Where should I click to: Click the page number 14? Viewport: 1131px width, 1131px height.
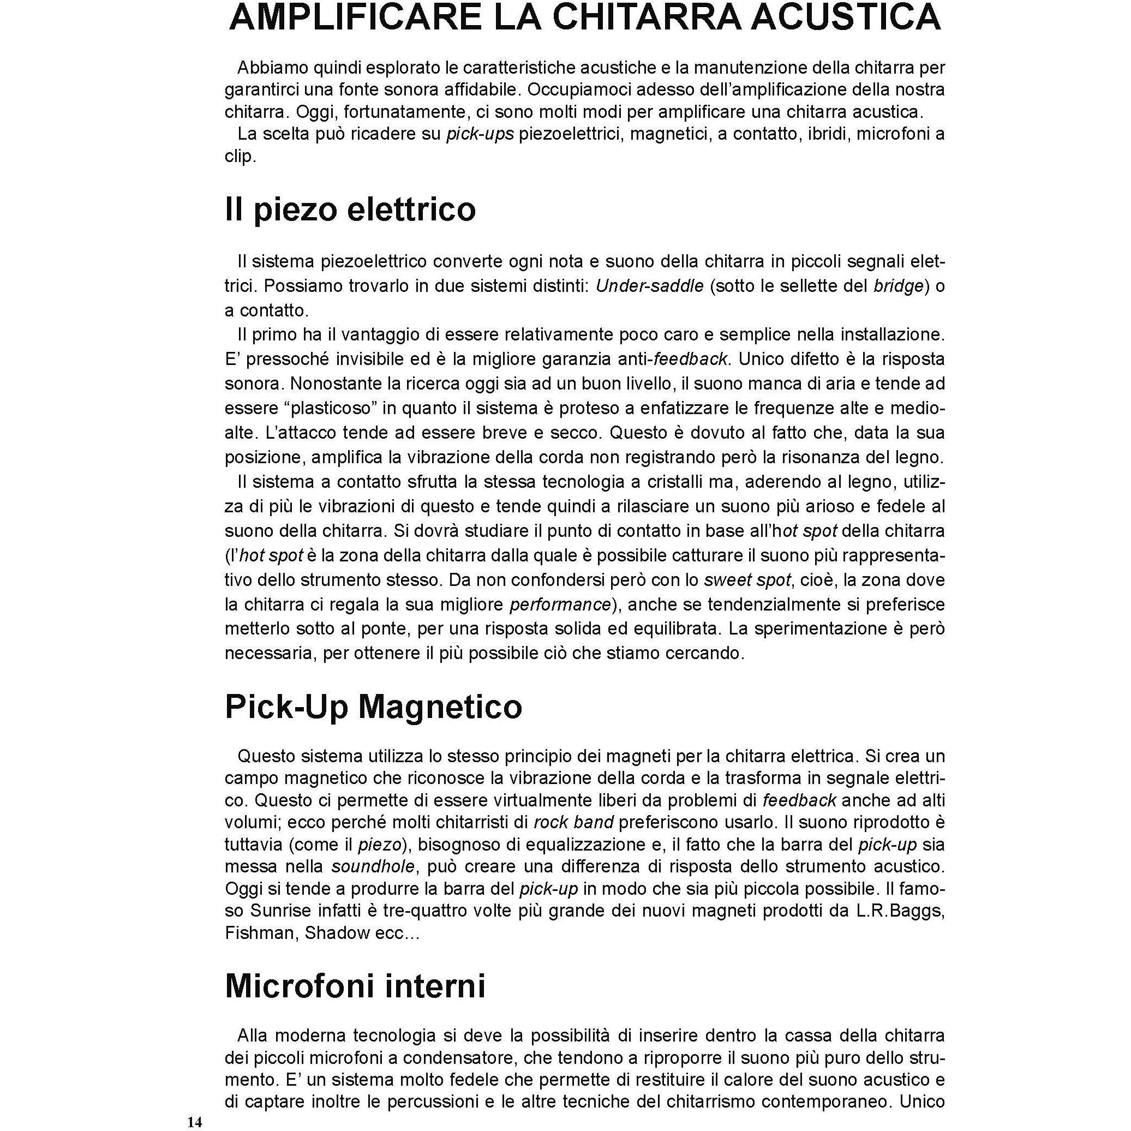pyautogui.click(x=194, y=1122)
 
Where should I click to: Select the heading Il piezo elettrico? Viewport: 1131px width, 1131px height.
pyautogui.click(x=350, y=209)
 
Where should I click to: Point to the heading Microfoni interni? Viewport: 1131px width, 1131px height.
pyautogui.click(x=355, y=986)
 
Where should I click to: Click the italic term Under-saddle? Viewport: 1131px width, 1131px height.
pyautogui.click(x=649, y=286)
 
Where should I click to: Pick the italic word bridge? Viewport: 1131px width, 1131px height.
pyautogui.click(x=898, y=286)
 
